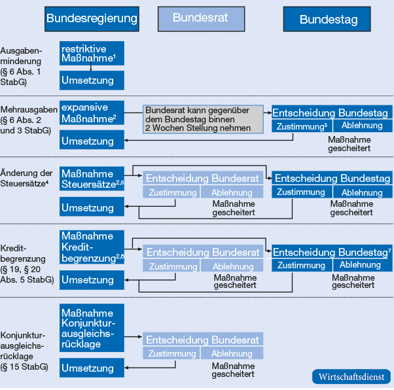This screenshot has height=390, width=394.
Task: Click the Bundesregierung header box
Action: tap(92, 19)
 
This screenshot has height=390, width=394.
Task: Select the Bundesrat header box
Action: tap(200, 19)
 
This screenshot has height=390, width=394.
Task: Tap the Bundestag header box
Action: tap(329, 19)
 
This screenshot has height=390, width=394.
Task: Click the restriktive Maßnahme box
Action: tap(92, 54)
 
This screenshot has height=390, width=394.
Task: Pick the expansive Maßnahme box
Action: tap(92, 113)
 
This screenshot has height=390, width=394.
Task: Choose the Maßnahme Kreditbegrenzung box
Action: tap(92, 247)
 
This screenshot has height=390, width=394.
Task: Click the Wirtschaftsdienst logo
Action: tap(351, 378)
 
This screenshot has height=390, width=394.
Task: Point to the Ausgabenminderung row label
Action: tap(22, 66)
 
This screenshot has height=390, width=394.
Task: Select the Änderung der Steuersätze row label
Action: tap(26, 178)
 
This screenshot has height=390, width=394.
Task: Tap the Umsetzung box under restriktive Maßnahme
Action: tap(92, 81)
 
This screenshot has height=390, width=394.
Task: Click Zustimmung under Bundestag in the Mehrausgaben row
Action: tap(302, 126)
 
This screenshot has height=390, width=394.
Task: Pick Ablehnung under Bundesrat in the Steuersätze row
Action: tap(232, 192)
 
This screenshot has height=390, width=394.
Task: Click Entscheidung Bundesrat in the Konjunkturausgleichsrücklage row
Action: tap(203, 340)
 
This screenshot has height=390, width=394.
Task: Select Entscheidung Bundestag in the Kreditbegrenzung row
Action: tap(331, 252)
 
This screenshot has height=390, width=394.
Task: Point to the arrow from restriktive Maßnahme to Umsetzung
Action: tap(92, 67)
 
